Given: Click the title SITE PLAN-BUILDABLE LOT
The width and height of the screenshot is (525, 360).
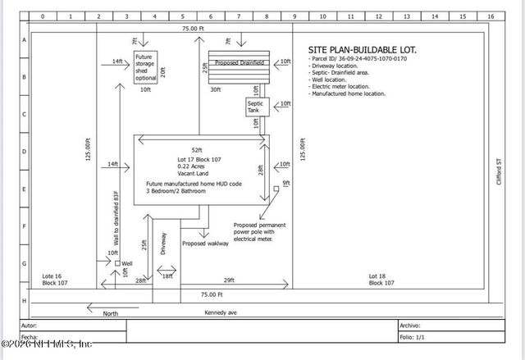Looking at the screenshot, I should [x=362, y=50].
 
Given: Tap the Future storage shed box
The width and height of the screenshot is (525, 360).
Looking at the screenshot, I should [x=144, y=66].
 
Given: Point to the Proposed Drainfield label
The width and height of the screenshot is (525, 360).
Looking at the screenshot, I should [x=238, y=62].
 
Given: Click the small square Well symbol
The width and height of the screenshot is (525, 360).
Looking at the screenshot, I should [x=117, y=263].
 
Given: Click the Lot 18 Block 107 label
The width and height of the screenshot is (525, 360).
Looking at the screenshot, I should [x=382, y=279].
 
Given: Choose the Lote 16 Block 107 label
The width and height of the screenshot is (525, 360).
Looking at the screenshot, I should [x=57, y=279].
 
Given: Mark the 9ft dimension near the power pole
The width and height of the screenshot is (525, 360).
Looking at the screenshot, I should [x=285, y=184].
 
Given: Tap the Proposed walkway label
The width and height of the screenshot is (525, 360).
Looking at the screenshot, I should [x=205, y=244].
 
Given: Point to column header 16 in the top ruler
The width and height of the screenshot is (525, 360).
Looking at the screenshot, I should [x=490, y=16].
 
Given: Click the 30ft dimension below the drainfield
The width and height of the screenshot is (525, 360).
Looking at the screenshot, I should [x=215, y=89].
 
